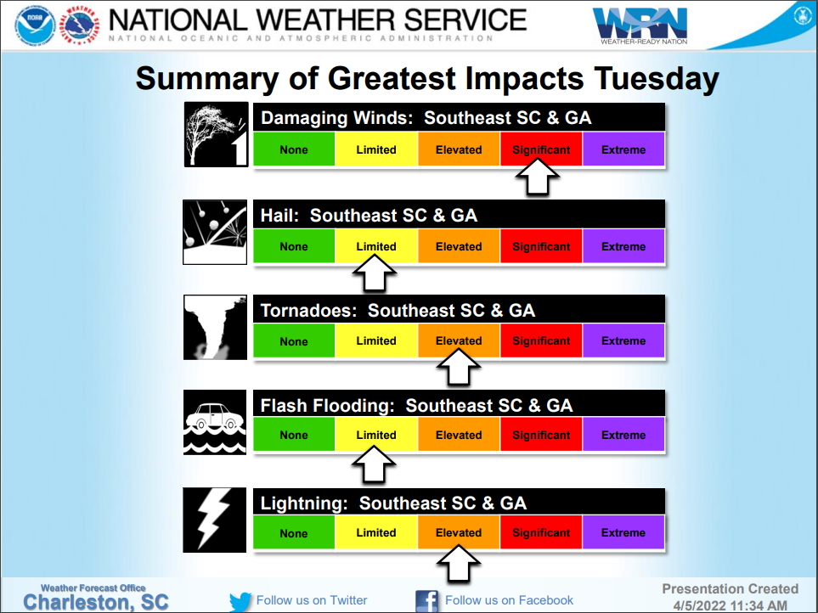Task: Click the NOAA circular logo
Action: pyautogui.click(x=35, y=25)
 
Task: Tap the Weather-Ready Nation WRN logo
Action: pyautogui.click(x=640, y=25)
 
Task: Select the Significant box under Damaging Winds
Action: pyautogui.click(x=541, y=149)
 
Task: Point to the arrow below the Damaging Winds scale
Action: pyautogui.click(x=538, y=177)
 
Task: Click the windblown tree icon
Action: pyautogui.click(x=216, y=134)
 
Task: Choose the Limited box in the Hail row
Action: pyautogui.click(x=376, y=246)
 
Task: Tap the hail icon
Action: pyautogui.click(x=215, y=233)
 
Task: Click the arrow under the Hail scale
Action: pyautogui.click(x=375, y=273)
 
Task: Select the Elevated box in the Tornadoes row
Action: pyautogui.click(x=459, y=340)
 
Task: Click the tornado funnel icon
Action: pyautogui.click(x=215, y=328)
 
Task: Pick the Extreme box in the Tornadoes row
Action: pyautogui.click(x=623, y=340)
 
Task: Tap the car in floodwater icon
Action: pyautogui.click(x=215, y=422)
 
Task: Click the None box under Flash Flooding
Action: pyautogui.click(x=294, y=435)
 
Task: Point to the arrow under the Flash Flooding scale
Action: pyautogui.click(x=374, y=464)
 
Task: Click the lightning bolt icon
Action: pyautogui.click(x=214, y=520)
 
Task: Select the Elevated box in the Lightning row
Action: pyautogui.click(x=459, y=532)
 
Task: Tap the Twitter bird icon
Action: pyautogui.click(x=240, y=601)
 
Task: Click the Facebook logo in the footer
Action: pyautogui.click(x=426, y=601)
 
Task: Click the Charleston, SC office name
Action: pyautogui.click(x=96, y=602)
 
